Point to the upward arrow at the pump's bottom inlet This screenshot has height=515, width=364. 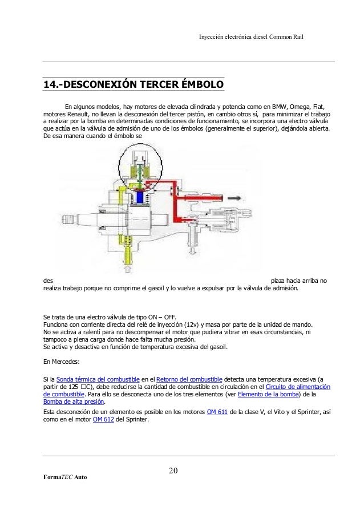(x=127, y=266)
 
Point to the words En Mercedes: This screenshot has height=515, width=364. (x=62, y=362)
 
